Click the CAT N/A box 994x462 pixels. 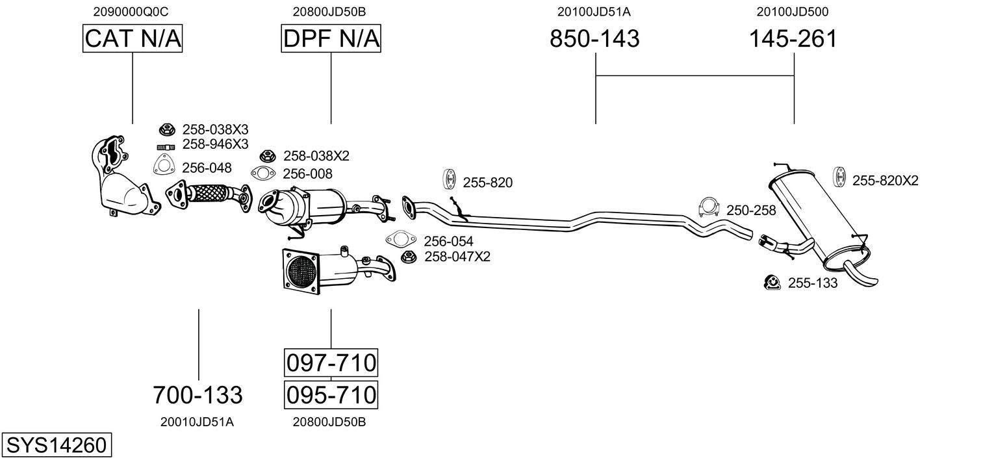(133, 38)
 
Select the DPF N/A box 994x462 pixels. (331, 38)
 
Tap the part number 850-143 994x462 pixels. (594, 38)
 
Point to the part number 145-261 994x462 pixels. (793, 38)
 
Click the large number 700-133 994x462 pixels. (198, 394)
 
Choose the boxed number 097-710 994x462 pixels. (331, 363)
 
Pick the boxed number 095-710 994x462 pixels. (331, 394)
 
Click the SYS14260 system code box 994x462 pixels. (57, 444)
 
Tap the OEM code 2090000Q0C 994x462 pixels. (131, 12)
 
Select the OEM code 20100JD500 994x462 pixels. (793, 12)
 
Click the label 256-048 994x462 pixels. (207, 168)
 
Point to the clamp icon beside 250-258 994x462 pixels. (709, 207)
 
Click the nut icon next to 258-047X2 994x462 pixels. (408, 257)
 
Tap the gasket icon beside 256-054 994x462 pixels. (401, 239)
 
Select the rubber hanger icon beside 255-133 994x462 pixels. (772, 282)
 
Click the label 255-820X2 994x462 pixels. (886, 181)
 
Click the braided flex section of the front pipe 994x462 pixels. (209, 194)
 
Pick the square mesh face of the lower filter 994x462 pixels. (301, 272)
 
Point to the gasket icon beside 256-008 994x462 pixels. (263, 173)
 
